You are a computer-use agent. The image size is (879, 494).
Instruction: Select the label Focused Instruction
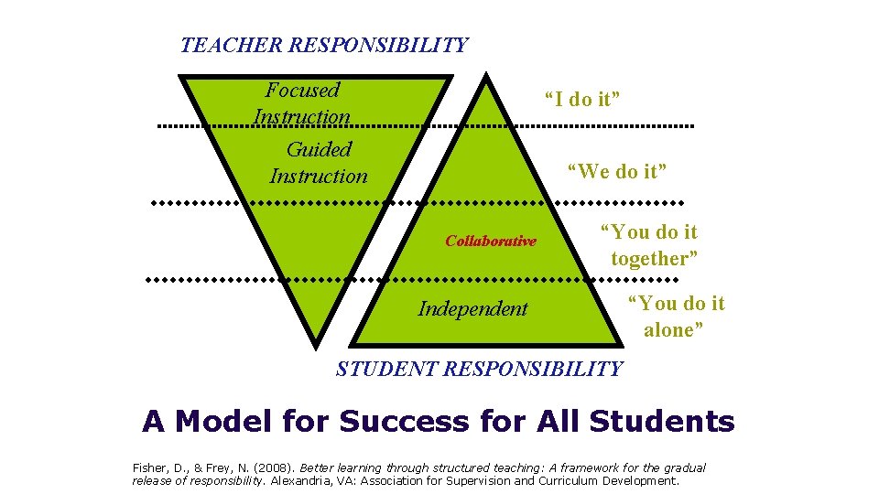click(x=302, y=103)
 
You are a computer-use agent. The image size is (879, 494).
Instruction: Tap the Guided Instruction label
click(x=319, y=162)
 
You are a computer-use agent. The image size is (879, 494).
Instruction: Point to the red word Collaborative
click(x=491, y=242)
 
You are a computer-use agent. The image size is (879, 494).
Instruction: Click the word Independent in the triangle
click(x=472, y=308)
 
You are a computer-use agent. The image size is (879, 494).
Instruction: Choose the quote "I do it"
click(x=581, y=100)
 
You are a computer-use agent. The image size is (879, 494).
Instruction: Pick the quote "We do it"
click(x=617, y=170)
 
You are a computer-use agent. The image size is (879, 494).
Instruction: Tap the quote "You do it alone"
click(x=676, y=317)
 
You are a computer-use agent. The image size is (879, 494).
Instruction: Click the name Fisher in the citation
click(x=149, y=467)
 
